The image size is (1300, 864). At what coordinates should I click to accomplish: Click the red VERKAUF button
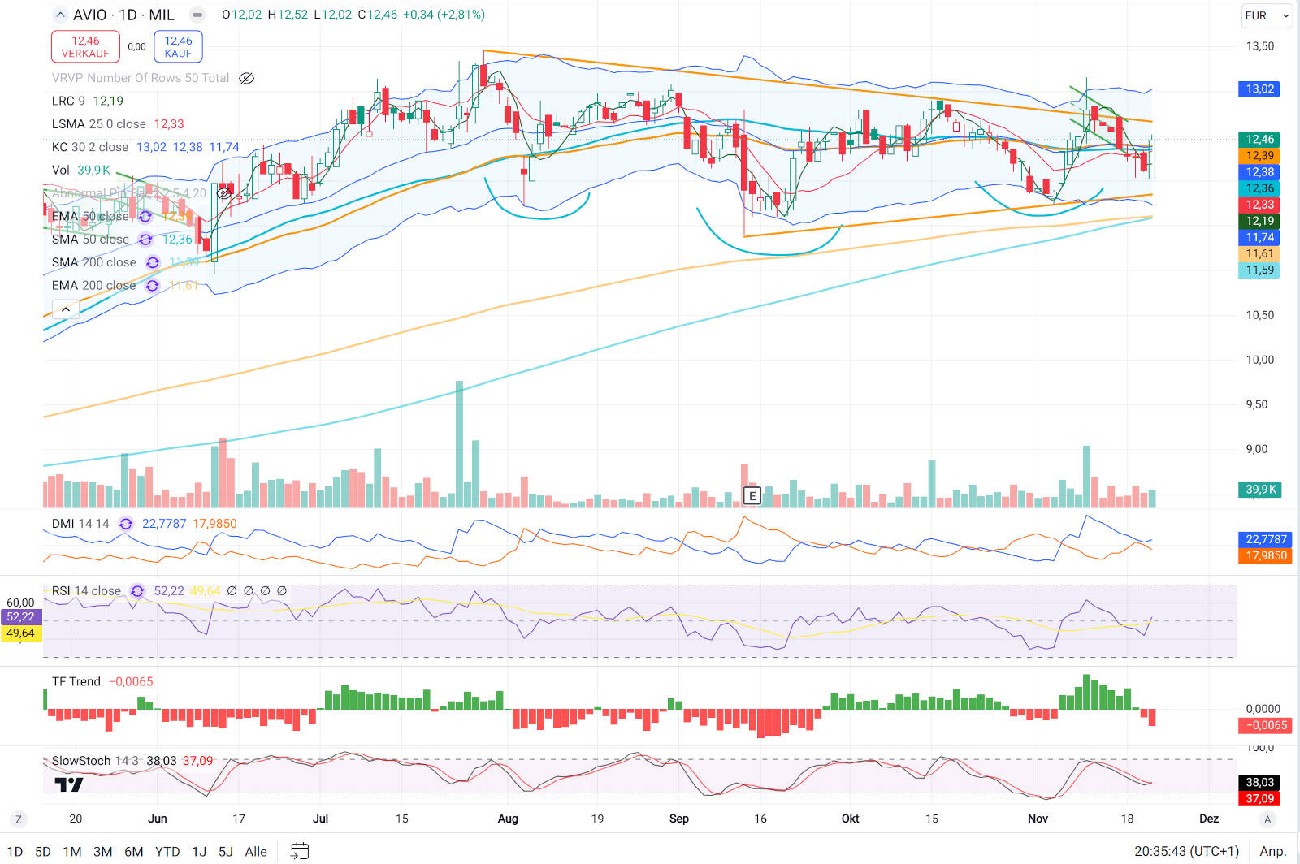(x=85, y=46)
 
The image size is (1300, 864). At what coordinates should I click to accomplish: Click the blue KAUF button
(x=178, y=46)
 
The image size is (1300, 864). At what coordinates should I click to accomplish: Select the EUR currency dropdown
(x=1266, y=15)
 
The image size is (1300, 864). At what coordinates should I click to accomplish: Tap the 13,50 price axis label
(x=1259, y=46)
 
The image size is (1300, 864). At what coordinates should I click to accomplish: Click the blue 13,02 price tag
(x=1259, y=89)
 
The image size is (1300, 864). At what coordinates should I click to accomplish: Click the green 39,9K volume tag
(x=1260, y=490)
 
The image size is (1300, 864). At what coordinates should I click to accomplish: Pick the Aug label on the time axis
(x=508, y=819)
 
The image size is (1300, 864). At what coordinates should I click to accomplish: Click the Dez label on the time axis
(x=1208, y=819)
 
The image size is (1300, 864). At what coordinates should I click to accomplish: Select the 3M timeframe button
(x=102, y=852)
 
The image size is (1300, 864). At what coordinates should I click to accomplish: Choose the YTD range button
(x=167, y=852)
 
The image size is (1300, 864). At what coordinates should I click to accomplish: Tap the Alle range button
(x=256, y=852)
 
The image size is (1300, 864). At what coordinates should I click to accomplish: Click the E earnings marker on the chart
(x=752, y=495)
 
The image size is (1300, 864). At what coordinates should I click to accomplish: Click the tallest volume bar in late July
(x=460, y=443)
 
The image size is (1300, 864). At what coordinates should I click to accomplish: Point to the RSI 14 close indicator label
(x=86, y=591)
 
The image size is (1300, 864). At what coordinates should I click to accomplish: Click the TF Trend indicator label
(x=76, y=682)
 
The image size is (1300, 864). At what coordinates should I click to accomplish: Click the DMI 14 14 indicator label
(x=80, y=524)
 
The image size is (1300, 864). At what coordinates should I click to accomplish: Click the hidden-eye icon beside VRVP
(x=246, y=78)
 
